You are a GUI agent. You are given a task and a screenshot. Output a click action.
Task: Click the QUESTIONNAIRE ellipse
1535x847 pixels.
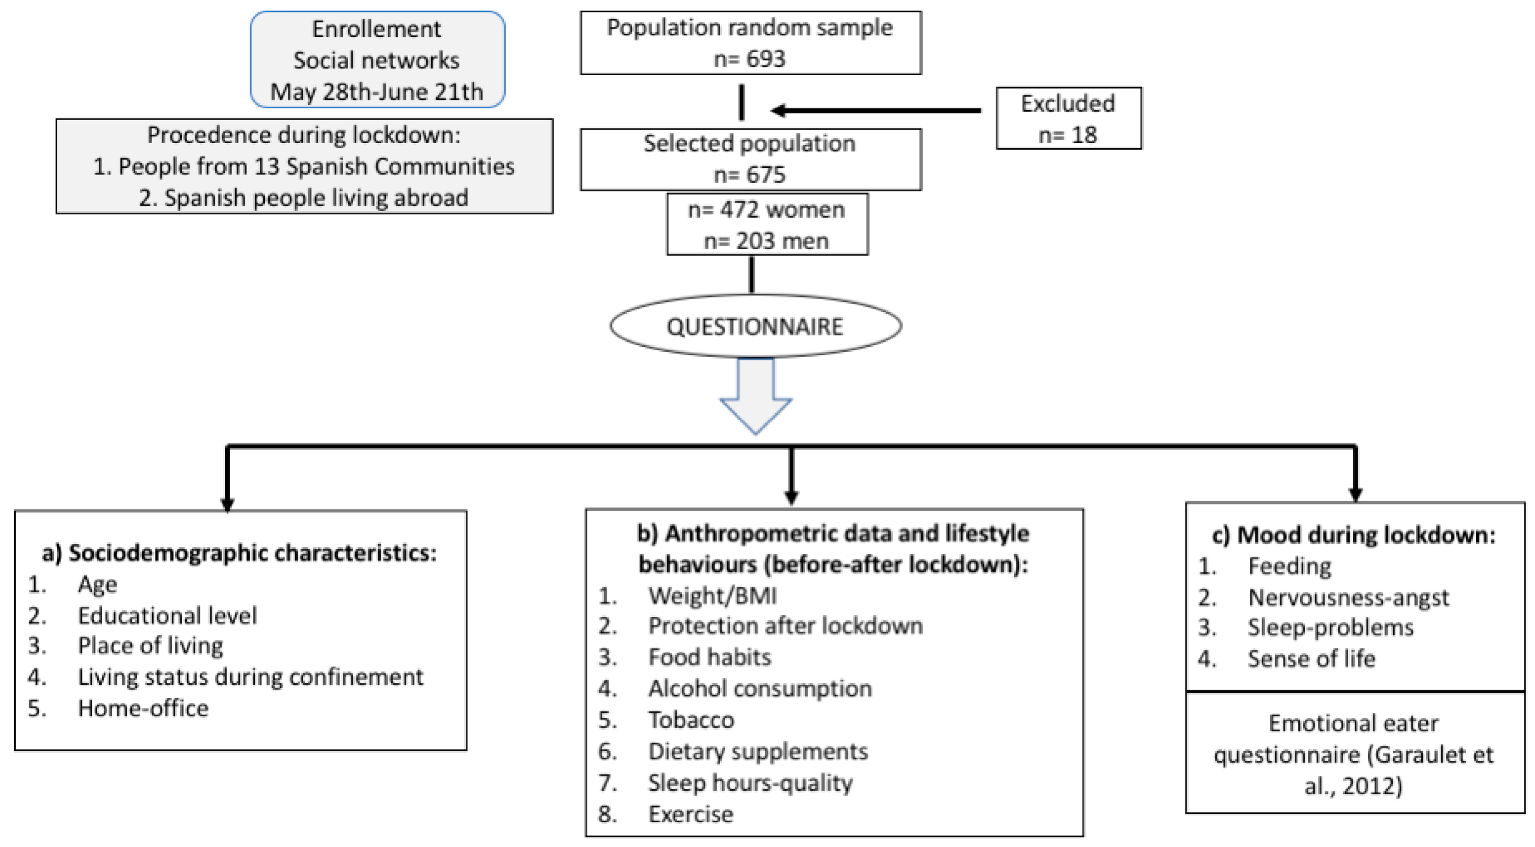point(755,327)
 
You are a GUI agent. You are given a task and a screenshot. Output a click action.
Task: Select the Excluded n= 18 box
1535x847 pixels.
point(1069,118)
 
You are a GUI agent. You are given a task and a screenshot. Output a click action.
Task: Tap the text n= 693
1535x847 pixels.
point(750,59)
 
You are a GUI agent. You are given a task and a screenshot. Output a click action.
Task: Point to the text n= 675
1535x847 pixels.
point(750,175)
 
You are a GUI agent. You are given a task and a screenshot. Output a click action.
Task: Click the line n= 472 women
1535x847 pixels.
point(766,210)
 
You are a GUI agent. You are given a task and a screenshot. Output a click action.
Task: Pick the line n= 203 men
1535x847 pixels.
point(766,241)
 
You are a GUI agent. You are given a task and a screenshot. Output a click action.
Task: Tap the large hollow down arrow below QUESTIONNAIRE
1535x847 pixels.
point(755,396)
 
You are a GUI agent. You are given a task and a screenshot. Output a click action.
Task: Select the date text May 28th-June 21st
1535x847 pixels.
point(377,92)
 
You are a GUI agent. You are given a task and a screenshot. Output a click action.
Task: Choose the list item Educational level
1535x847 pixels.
point(167,616)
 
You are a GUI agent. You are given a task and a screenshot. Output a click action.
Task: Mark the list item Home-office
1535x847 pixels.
point(143,708)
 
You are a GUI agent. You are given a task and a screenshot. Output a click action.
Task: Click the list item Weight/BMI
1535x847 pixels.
point(712,596)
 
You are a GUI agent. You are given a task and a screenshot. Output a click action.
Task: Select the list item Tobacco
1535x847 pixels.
point(691,720)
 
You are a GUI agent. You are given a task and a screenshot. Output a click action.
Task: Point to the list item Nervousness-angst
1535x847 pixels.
point(1348,597)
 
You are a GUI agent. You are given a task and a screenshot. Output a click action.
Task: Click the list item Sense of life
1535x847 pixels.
point(1311,658)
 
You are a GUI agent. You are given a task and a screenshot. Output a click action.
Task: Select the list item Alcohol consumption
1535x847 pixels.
point(760,689)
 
